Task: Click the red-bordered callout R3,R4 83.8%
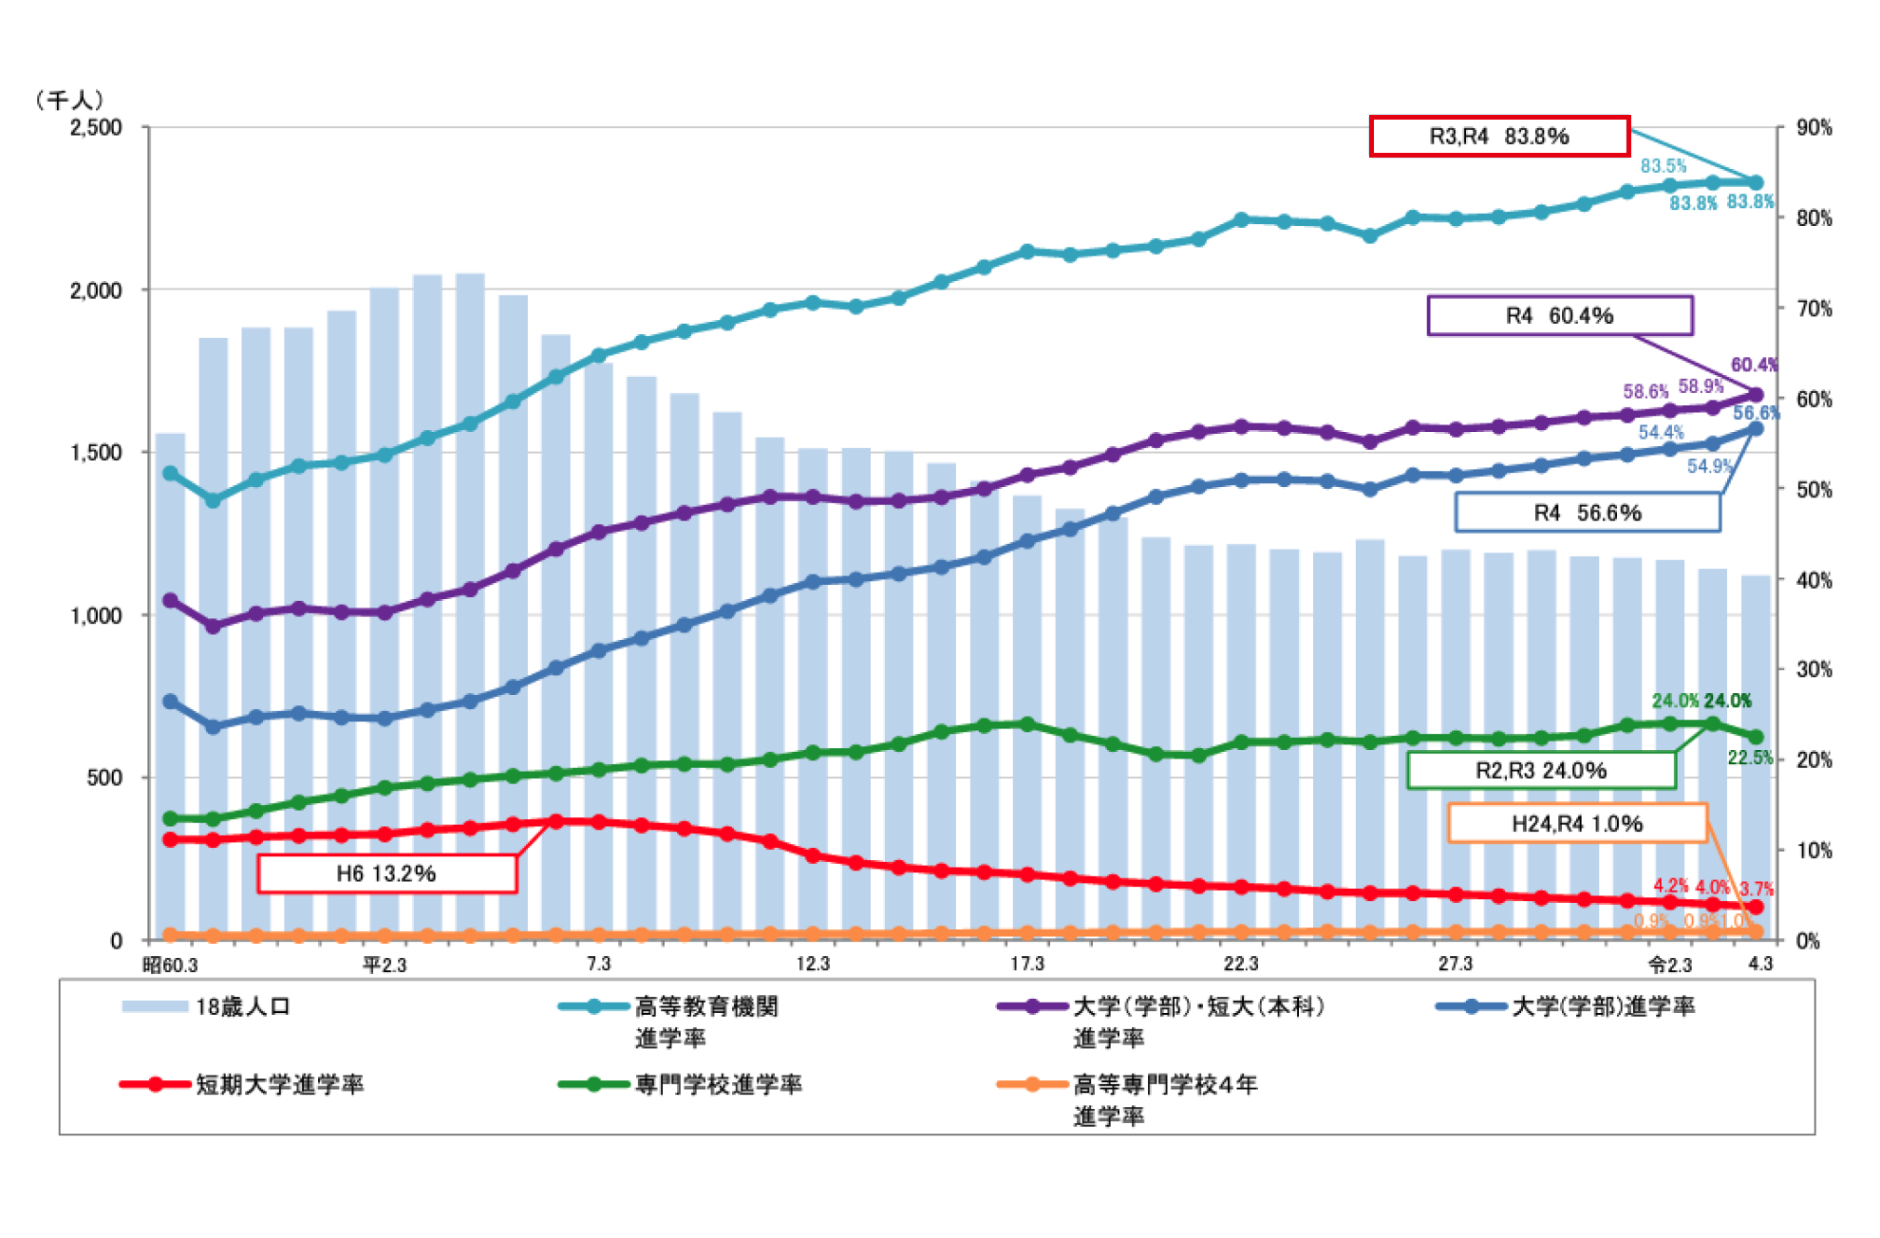pyautogui.click(x=1498, y=137)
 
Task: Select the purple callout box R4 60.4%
pyautogui.click(x=1559, y=316)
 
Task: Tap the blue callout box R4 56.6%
pyautogui.click(x=1587, y=514)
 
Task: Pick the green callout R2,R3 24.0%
pyautogui.click(x=1540, y=770)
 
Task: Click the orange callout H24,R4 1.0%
pyautogui.click(x=1576, y=824)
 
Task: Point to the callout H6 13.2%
pyautogui.click(x=386, y=873)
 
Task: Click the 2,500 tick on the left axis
pyautogui.click(x=96, y=128)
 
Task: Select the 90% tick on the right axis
pyautogui.click(x=1814, y=128)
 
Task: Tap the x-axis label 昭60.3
pyautogui.click(x=170, y=966)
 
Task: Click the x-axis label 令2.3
pyautogui.click(x=1670, y=966)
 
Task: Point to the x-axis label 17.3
pyautogui.click(x=1026, y=965)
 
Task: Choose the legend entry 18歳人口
pyautogui.click(x=242, y=1007)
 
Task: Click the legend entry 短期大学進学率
pyautogui.click(x=279, y=1085)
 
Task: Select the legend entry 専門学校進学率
pyautogui.click(x=718, y=1085)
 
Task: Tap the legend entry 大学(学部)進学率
pyautogui.click(x=1603, y=1007)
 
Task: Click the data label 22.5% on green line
pyautogui.click(x=1749, y=758)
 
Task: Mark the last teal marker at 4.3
pyautogui.click(x=1756, y=183)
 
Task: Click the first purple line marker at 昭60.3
pyautogui.click(x=171, y=601)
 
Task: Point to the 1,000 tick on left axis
pyautogui.click(x=96, y=616)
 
